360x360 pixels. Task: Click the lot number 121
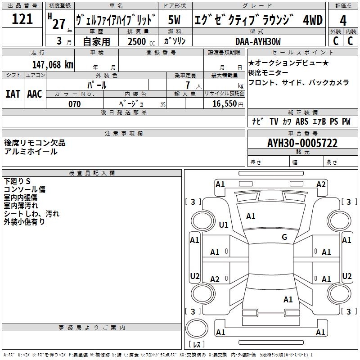[22, 19]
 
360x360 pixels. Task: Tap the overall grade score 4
[343, 20]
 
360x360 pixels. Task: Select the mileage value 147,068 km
[53, 65]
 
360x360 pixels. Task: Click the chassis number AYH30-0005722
[302, 143]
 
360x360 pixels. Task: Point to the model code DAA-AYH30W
[258, 41]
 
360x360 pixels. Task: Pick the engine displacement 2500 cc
[141, 41]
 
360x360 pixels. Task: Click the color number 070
[75, 104]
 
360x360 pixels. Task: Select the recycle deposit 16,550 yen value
[228, 104]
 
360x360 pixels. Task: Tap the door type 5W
[174, 20]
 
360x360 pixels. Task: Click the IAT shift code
[13, 94]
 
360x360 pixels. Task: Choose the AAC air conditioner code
[35, 94]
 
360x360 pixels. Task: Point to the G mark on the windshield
[284, 237]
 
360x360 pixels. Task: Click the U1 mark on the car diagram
[224, 225]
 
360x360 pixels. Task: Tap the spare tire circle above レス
[197, 328]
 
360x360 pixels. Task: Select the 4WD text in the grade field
[313, 20]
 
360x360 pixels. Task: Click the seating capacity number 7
[188, 85]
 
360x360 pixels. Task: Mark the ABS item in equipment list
[302, 121]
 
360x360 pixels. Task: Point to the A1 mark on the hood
[251, 216]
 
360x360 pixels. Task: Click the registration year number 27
[59, 24]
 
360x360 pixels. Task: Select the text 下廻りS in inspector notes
[17, 181]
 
